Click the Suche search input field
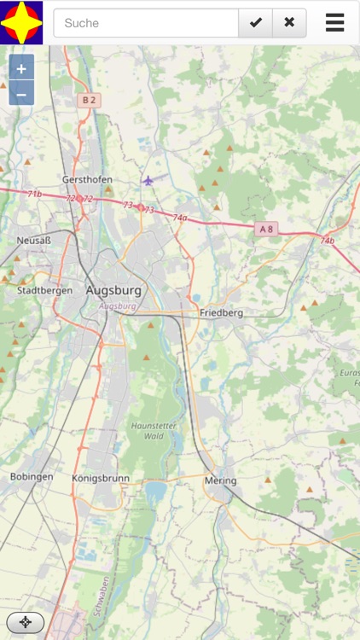(146, 23)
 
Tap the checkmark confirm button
(255, 23)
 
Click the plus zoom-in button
(21, 68)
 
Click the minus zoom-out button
(21, 93)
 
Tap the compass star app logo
(21, 22)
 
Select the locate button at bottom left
(26, 622)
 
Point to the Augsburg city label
(113, 291)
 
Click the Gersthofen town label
(87, 180)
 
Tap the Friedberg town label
(222, 313)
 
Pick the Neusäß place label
(34, 241)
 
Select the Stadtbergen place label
(44, 290)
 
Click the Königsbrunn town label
(101, 479)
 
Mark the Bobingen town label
(32, 477)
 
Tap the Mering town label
(220, 481)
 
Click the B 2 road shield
(89, 101)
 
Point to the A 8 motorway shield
(266, 229)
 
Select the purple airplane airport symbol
(148, 180)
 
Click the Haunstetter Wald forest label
(147, 430)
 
